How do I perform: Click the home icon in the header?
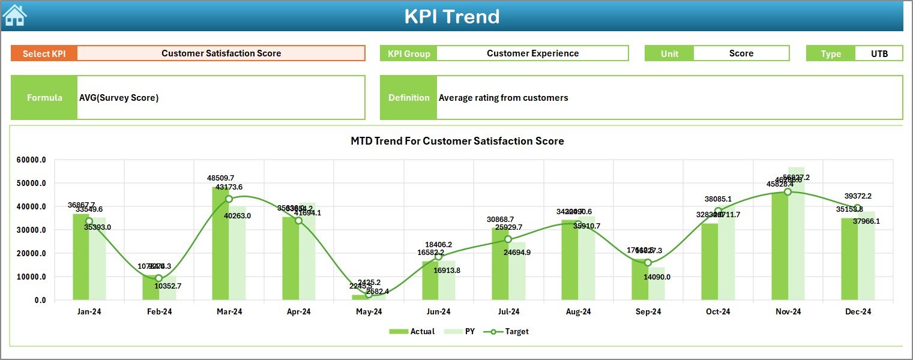tap(14, 16)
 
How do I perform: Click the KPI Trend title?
tap(451, 16)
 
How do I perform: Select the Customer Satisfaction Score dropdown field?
tap(221, 53)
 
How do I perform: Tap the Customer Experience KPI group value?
tap(532, 53)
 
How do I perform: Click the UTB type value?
tap(879, 53)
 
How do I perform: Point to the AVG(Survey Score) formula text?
tap(119, 98)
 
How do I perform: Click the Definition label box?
tap(408, 98)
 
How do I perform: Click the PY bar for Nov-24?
tap(796, 233)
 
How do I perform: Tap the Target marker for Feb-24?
tap(158, 278)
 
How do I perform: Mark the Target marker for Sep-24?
tap(648, 263)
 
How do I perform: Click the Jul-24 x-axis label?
tap(508, 312)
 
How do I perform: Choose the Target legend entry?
tap(510, 331)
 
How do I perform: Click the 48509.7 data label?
tap(221, 178)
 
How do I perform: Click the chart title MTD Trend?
tap(457, 141)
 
